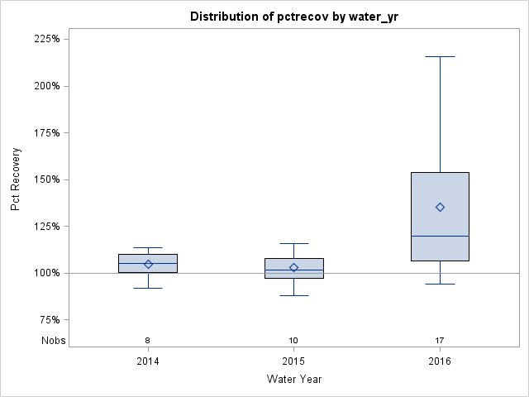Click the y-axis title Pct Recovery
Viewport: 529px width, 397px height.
[16, 179]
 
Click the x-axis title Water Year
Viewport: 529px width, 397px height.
[293, 379]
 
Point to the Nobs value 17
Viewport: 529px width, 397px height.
[440, 341]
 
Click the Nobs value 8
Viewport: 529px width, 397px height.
[148, 341]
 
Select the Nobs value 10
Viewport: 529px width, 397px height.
[293, 341]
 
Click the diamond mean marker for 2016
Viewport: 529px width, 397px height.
[440, 207]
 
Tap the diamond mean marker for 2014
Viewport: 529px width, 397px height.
[148, 264]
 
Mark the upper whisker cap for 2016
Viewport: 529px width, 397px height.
[440, 56]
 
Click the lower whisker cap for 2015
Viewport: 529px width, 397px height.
[293, 295]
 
